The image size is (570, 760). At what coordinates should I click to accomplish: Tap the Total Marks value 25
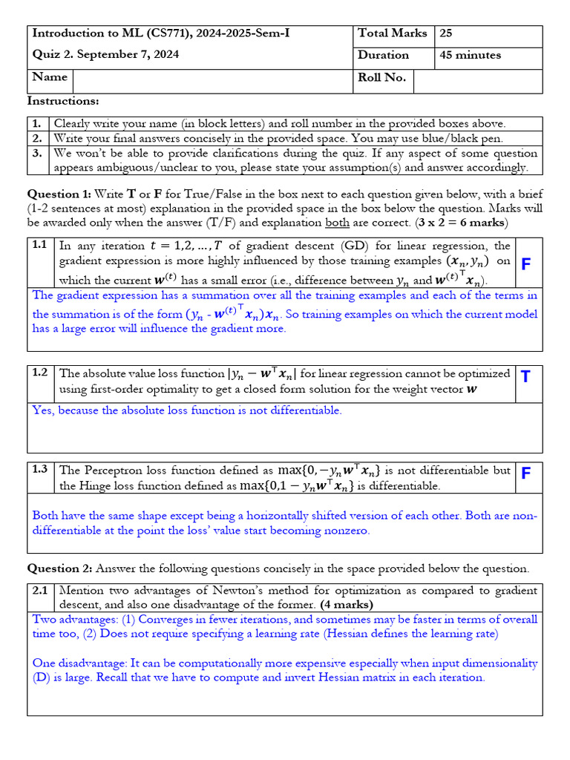[446, 33]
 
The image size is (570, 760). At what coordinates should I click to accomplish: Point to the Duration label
[383, 55]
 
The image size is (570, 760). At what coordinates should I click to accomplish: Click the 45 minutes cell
[470, 55]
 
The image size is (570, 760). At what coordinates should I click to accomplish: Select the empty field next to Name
[212, 81]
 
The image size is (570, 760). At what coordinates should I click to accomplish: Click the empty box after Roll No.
[477, 81]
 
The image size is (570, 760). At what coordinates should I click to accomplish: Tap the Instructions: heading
[63, 101]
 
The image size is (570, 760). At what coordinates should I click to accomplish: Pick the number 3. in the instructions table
[38, 154]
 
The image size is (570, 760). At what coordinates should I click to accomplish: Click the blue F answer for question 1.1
[526, 264]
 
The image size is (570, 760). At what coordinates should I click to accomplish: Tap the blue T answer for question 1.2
[526, 377]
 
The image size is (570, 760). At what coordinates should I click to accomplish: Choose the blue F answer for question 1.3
[526, 474]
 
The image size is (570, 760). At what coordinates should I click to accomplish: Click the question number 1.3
[40, 470]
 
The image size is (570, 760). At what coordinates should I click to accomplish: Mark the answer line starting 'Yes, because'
[186, 410]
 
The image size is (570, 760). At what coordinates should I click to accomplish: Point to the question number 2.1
[40, 591]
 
